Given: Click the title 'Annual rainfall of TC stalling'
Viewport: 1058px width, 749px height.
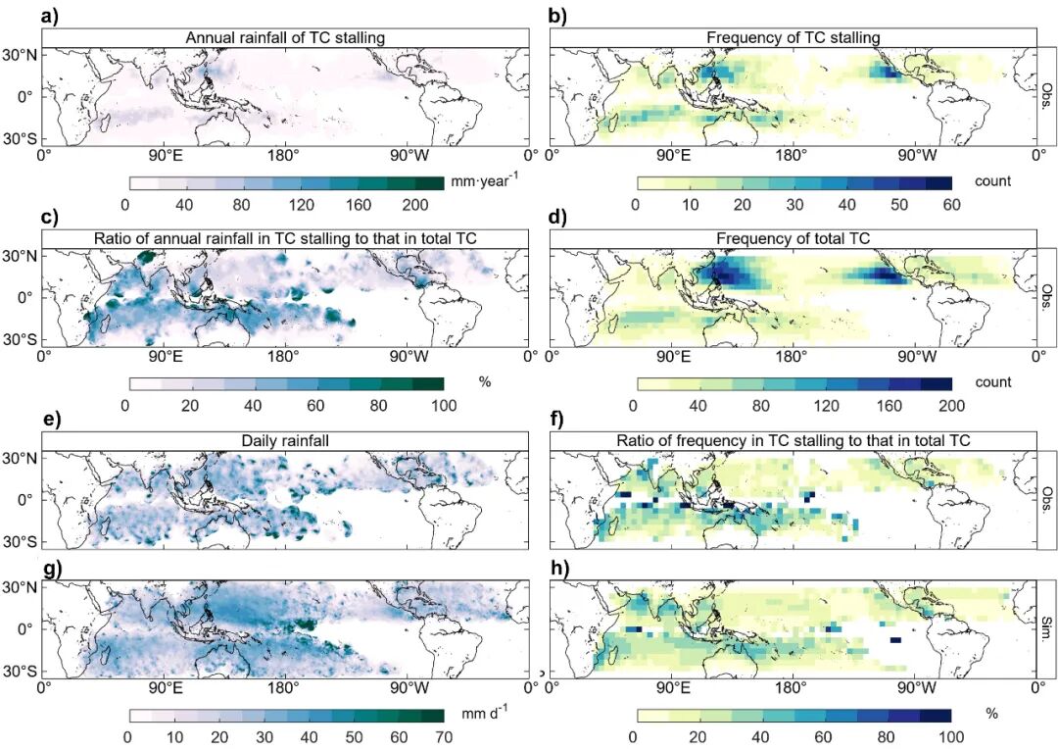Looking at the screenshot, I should point(287,38).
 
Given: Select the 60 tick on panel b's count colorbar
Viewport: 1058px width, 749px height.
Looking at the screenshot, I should point(949,204).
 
